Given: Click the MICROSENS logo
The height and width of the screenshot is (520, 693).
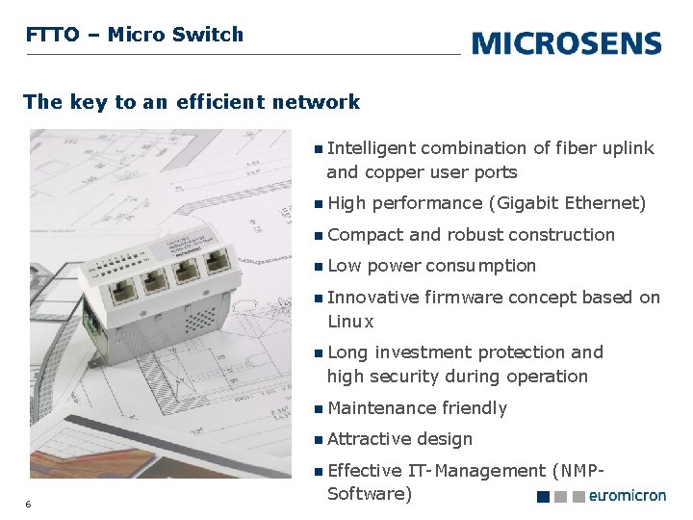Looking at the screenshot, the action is [567, 43].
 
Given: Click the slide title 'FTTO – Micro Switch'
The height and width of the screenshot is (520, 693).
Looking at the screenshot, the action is [135, 35].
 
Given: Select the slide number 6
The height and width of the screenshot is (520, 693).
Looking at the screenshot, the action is [29, 504].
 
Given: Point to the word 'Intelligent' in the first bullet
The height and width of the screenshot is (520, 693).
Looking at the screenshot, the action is [372, 148].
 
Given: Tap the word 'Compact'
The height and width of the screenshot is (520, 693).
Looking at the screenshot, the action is [366, 235].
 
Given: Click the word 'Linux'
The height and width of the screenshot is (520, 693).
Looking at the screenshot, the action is [350, 322].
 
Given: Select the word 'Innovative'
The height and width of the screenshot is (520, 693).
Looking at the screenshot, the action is [373, 298].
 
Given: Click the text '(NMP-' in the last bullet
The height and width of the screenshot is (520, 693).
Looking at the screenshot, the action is [577, 471].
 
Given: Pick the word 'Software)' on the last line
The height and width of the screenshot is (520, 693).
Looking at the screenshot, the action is [370, 494].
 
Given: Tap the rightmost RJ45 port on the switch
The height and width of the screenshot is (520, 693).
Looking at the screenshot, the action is [218, 259].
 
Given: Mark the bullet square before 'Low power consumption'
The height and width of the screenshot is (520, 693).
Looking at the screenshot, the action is [319, 267].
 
